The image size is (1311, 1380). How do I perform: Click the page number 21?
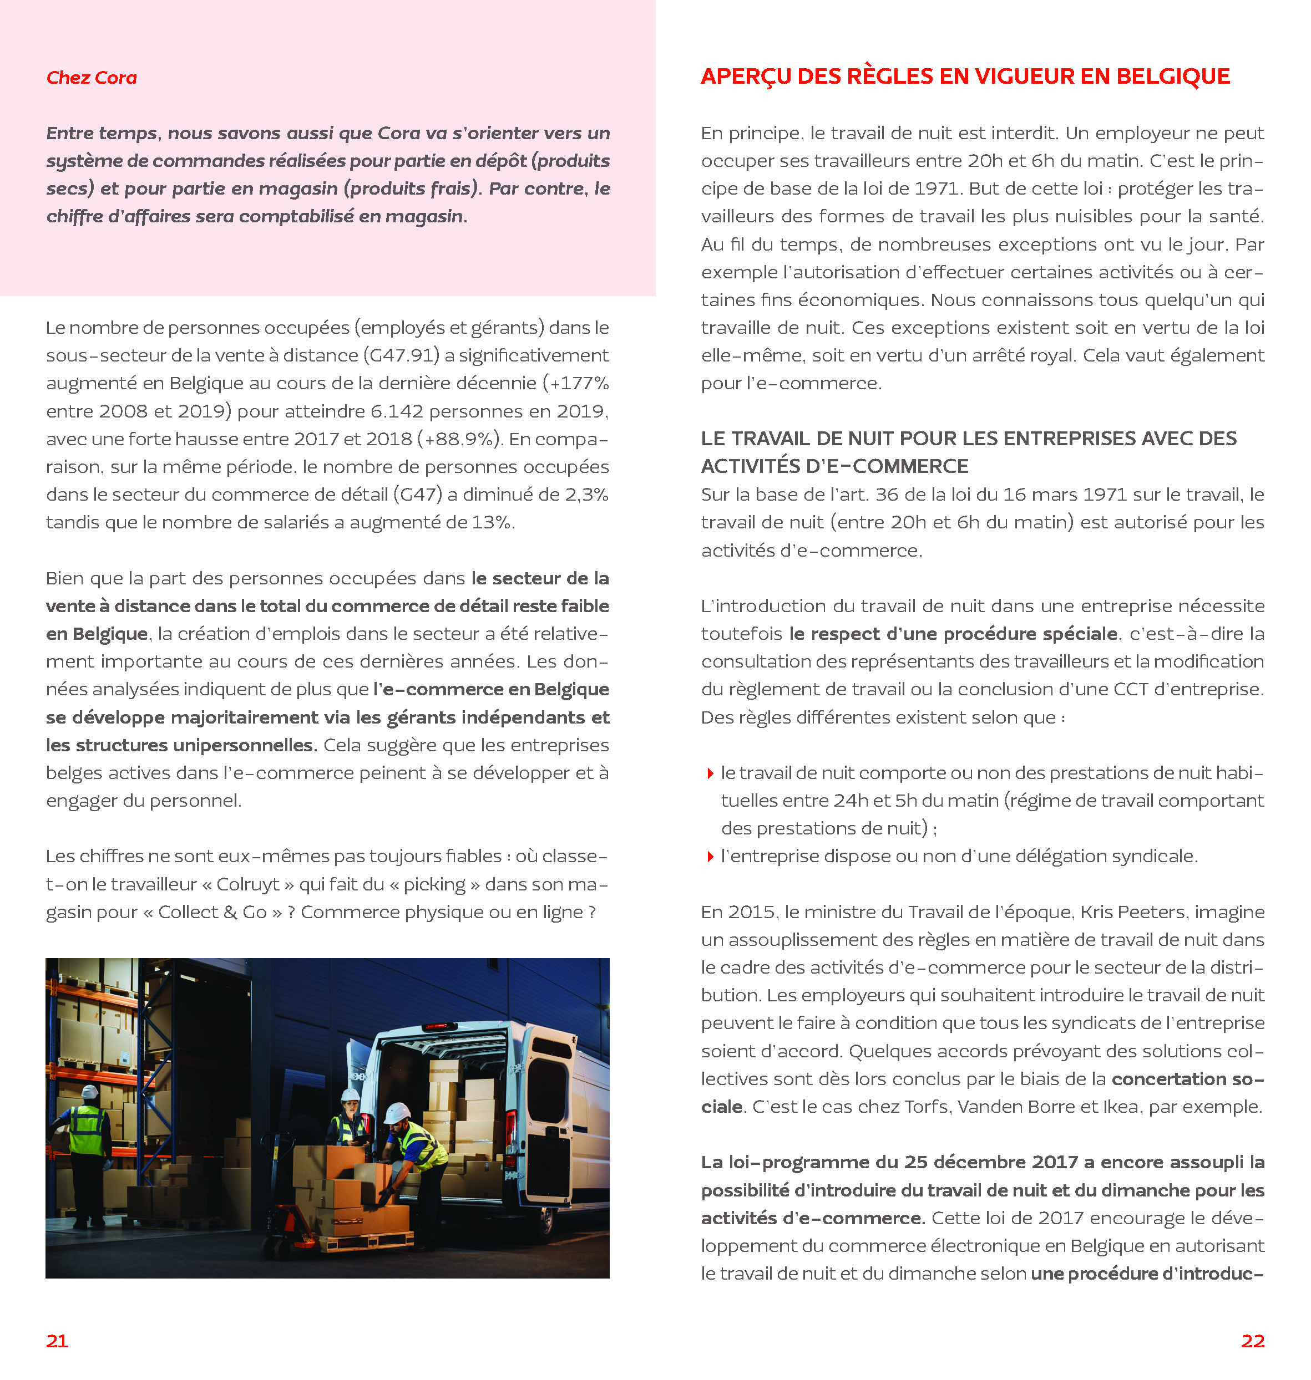coord(57,1340)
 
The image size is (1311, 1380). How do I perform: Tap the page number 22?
coord(1252,1340)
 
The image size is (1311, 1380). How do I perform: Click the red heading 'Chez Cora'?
coord(92,78)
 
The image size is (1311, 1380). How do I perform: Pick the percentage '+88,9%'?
coord(459,439)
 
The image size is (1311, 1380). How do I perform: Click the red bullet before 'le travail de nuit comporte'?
coord(710,773)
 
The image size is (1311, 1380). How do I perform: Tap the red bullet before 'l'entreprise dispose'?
coord(710,856)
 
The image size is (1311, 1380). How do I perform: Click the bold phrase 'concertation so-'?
coord(1187,1079)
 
